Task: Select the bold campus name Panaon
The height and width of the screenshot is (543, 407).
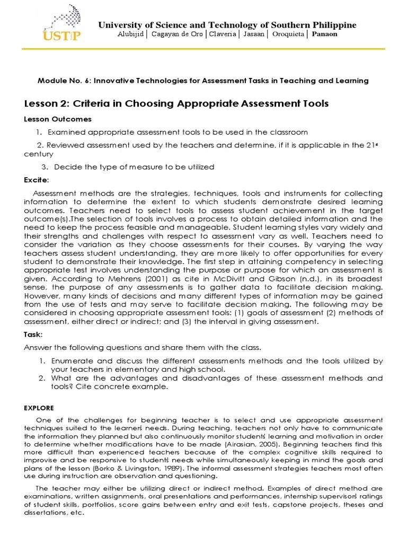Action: [324, 34]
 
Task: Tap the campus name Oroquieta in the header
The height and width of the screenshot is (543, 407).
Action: [288, 34]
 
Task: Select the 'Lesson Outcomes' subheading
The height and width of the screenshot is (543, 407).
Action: [58, 119]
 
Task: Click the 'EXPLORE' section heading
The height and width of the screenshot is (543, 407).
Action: [39, 408]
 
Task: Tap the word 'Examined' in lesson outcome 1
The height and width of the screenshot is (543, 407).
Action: [66, 132]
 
